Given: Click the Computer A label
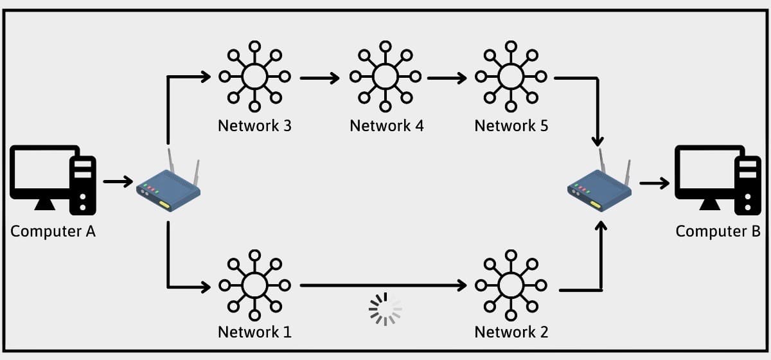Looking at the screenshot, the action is point(53,231).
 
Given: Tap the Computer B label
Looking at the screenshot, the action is point(718,231).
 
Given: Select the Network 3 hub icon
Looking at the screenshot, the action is point(254,76).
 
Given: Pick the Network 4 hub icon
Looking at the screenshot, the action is point(385,76).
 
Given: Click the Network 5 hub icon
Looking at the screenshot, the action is point(511,76).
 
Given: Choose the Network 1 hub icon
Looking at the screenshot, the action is point(254,285).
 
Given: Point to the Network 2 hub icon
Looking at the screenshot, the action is point(511,285).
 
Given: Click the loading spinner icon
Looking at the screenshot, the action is point(385,309).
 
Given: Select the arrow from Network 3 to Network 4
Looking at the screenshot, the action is point(320,78).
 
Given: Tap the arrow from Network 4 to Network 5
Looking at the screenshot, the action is point(447,78).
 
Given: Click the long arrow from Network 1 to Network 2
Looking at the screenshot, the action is point(384,285).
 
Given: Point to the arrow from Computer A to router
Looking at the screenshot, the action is point(118,181).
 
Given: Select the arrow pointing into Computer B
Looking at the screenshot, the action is point(655,183).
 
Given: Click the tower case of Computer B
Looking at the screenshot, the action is point(748,186).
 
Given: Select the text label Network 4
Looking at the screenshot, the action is point(387,126).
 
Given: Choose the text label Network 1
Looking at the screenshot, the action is point(254,332).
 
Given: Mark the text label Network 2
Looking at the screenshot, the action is point(511,332).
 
